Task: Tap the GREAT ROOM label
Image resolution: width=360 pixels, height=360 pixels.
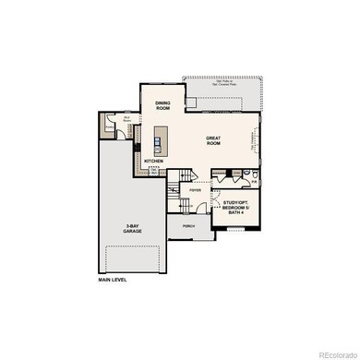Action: coord(214,139)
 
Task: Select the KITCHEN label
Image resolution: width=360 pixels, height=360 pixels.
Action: coord(154,161)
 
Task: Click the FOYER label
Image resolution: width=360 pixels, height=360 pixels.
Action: coord(196,190)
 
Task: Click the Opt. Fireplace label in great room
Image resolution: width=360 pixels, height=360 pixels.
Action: coord(254,138)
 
